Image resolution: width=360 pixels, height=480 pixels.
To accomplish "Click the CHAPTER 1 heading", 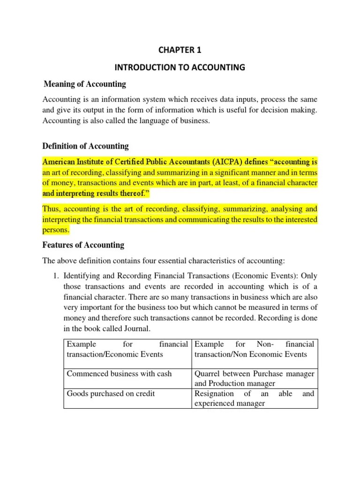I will click(180, 51).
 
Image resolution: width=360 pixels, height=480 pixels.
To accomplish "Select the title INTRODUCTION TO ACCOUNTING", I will click(180, 67).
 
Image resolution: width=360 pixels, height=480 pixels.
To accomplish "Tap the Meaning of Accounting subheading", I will click(84, 84).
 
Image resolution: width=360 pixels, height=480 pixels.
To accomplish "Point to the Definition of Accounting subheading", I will click(85, 146).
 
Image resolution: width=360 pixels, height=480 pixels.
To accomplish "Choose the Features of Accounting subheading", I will click(83, 245).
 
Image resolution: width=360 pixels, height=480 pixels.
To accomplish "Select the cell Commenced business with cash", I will click(119, 374).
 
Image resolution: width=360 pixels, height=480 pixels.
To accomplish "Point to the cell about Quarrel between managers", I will click(254, 378).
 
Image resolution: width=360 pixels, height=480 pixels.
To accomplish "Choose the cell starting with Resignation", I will click(254, 398).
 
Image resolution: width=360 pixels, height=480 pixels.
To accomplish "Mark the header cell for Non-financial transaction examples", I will click(254, 349).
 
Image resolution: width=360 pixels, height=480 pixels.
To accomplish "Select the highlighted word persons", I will click(56, 230).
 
